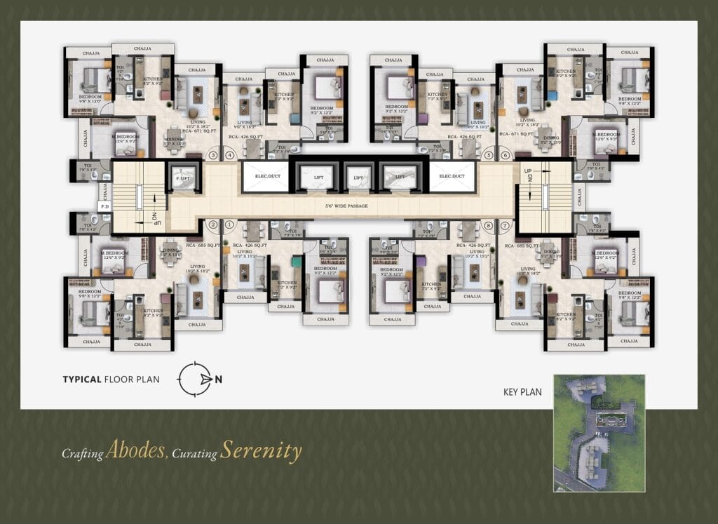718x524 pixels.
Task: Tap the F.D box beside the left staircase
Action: point(105,207)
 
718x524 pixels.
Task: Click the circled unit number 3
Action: point(212,155)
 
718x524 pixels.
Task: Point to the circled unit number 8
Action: point(489,226)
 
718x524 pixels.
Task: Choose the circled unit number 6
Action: point(505,155)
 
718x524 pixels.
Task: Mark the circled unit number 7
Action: point(505,226)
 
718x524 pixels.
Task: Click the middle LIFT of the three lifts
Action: point(358,177)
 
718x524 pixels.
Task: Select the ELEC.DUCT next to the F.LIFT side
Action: point(266,177)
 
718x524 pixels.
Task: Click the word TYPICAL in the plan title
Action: point(82,379)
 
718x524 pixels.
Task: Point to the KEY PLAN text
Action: point(522,392)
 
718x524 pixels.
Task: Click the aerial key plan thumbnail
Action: point(598,432)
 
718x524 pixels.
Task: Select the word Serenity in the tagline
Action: point(261,450)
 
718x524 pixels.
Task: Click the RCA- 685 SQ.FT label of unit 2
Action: point(203,246)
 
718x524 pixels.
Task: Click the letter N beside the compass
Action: point(219,379)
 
